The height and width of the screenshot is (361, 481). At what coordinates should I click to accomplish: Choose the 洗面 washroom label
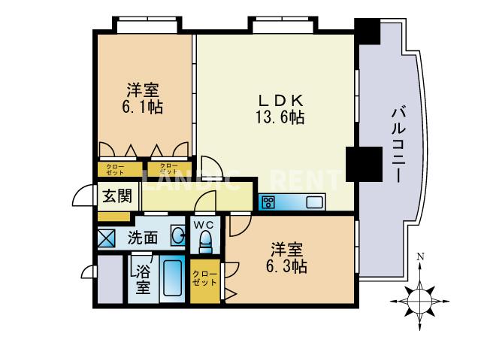click(x=142, y=238)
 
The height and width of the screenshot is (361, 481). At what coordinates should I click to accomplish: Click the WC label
click(x=204, y=225)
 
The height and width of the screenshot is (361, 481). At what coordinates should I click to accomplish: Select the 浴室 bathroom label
click(x=143, y=278)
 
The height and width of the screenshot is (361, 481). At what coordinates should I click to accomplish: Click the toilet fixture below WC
click(x=204, y=242)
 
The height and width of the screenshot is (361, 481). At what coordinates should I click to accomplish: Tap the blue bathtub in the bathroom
click(x=174, y=281)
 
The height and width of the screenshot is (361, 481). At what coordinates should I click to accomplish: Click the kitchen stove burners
click(x=268, y=202)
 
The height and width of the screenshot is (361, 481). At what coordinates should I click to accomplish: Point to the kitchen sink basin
click(x=314, y=202)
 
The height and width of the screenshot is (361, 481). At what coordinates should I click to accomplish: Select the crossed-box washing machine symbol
click(x=107, y=238)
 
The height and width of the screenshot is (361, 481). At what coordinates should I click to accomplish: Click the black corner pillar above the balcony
click(x=368, y=31)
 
